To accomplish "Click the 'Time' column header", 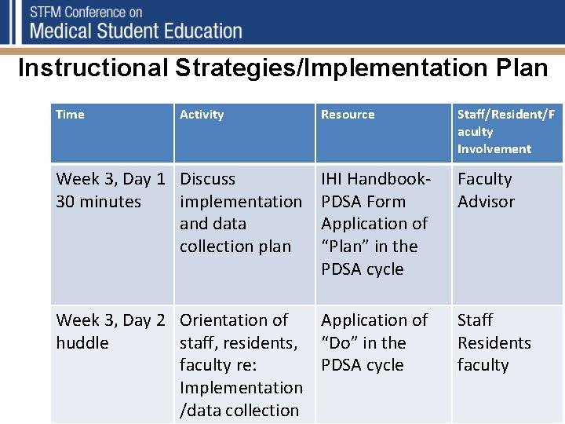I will [x=70, y=115].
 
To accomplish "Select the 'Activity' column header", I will [x=202, y=115].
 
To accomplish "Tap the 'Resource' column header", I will [x=348, y=115].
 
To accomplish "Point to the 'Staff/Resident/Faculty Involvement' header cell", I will [x=505, y=132].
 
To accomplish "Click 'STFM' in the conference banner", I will [x=49, y=13].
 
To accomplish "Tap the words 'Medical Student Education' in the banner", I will [x=136, y=31].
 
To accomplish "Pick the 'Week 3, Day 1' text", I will [x=111, y=179].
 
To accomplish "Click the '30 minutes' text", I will [x=99, y=202].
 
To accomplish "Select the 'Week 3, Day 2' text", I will [x=111, y=320].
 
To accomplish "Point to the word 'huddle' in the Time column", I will [x=82, y=343].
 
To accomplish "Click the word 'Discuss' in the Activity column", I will [x=207, y=179].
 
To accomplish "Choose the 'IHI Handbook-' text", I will [x=376, y=179].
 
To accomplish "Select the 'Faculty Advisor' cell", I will [x=486, y=190].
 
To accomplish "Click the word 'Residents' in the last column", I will [x=494, y=343].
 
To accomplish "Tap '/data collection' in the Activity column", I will [x=239, y=411].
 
